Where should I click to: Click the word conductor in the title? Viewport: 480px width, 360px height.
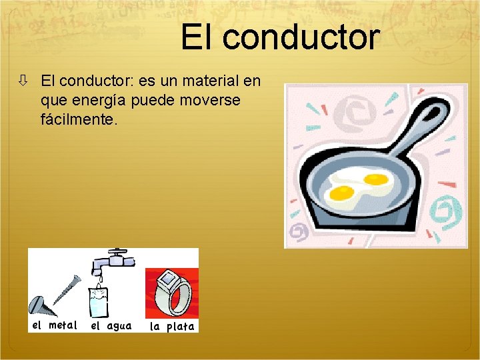click(x=301, y=38)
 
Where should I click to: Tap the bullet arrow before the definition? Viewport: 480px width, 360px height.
click(x=23, y=81)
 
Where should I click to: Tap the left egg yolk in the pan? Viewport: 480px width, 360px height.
click(x=342, y=193)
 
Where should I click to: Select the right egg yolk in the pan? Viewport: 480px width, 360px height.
click(x=375, y=179)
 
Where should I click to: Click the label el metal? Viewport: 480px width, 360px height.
click(x=55, y=325)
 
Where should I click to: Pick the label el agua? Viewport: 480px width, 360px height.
click(x=111, y=326)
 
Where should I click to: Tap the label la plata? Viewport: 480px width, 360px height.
click(x=172, y=326)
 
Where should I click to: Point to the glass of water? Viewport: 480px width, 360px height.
click(x=99, y=301)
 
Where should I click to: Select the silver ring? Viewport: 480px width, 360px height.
click(x=171, y=293)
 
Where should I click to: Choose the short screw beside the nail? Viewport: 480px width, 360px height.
click(x=38, y=306)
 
